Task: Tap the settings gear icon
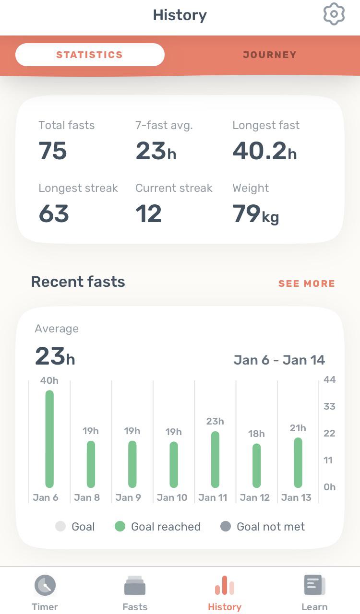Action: [334, 14]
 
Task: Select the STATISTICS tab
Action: [90, 55]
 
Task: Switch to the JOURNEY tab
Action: [269, 55]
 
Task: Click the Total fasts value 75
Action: [53, 151]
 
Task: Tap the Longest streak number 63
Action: [54, 213]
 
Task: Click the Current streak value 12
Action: [149, 213]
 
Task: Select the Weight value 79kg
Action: [255, 214]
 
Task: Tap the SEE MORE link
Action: [307, 283]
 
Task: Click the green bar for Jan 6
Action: [49, 439]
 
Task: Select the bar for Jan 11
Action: [215, 460]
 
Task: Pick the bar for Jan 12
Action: [256, 465]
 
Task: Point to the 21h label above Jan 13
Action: [298, 428]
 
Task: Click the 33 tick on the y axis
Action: [329, 406]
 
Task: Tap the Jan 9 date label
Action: [128, 497]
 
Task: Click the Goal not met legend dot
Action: [226, 527]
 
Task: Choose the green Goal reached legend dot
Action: [120, 527]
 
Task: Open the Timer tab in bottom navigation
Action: [45, 593]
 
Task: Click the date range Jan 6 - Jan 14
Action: [279, 360]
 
